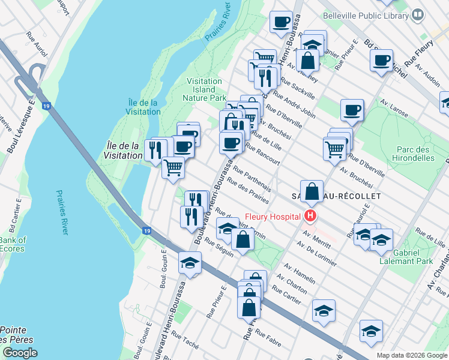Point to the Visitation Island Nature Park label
pos(206,89)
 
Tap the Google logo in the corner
pos(20,352)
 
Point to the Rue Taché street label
pos(184,339)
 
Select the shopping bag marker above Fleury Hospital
pos(312,192)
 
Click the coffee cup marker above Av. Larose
pos(352,110)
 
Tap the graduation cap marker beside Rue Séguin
pos(190,263)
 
